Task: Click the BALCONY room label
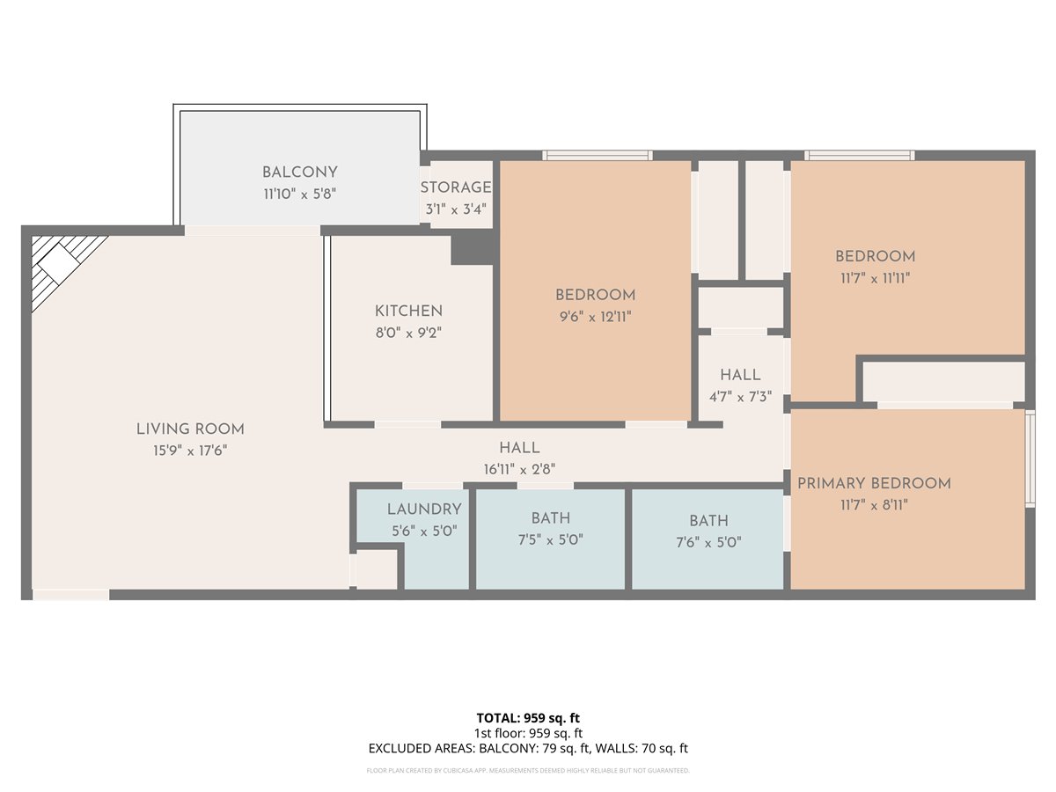tap(300, 172)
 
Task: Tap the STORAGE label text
tap(456, 187)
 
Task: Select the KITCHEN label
tap(408, 312)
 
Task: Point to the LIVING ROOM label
tap(190, 429)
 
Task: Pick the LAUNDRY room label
tap(424, 509)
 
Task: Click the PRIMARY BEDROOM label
tap(874, 483)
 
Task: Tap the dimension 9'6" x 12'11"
tap(595, 317)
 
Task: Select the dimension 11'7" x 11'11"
tap(875, 278)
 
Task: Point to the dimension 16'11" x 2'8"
tap(519, 469)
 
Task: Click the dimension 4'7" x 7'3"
tap(740, 397)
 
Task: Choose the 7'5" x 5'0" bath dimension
tap(550, 540)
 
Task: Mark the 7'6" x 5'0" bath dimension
tap(708, 542)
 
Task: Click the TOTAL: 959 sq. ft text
tap(528, 718)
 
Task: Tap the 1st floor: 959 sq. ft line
tap(528, 733)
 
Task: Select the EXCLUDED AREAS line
tap(528, 748)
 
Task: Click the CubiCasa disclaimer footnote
tap(528, 770)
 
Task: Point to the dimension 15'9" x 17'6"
tap(190, 451)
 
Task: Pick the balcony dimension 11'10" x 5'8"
tap(300, 194)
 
